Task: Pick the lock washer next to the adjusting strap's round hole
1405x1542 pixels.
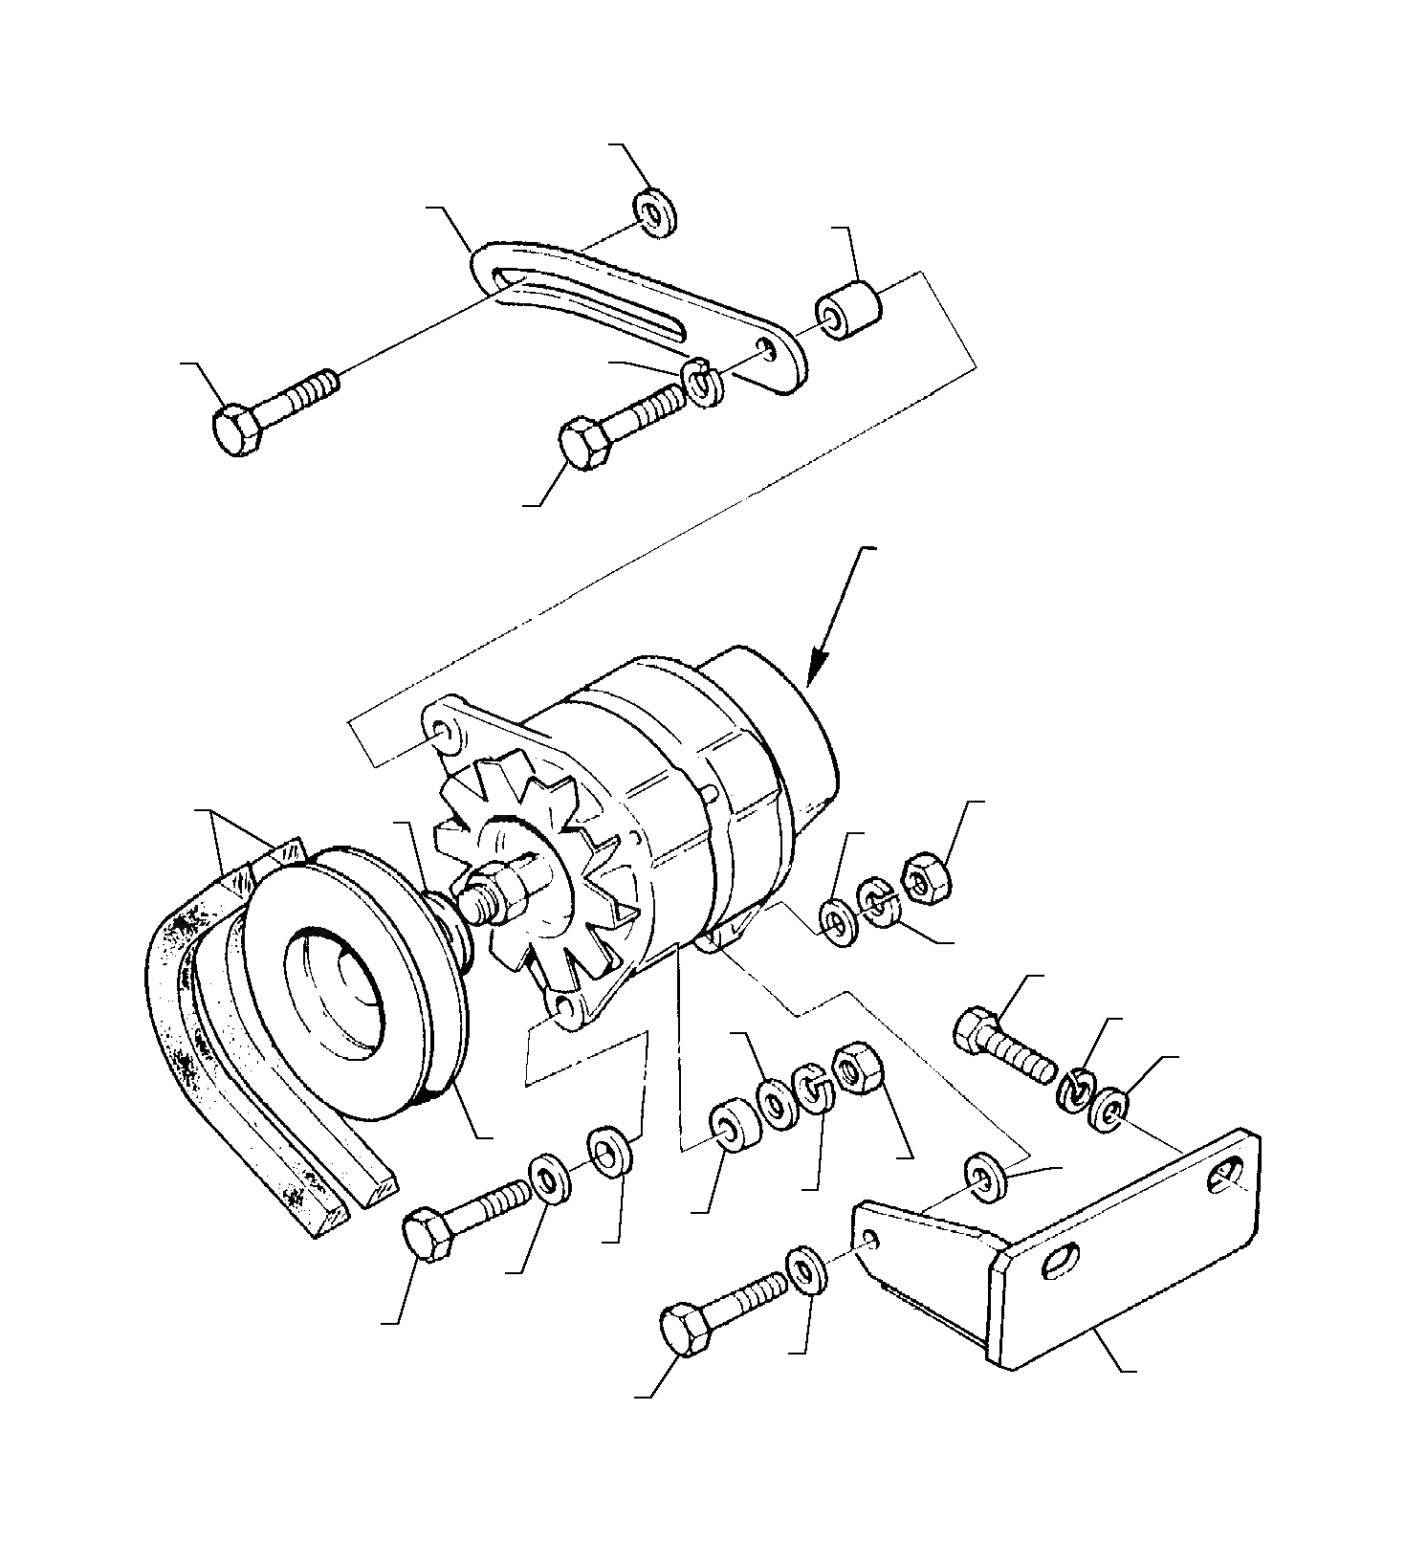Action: pyautogui.click(x=706, y=383)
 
